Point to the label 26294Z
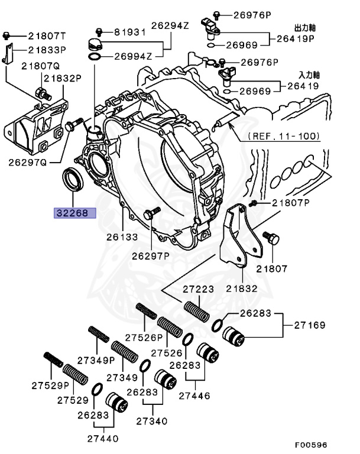[x=169, y=26]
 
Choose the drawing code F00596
[x=312, y=445]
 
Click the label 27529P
[x=50, y=385]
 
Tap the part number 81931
[x=129, y=32]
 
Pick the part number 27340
[x=151, y=421]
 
